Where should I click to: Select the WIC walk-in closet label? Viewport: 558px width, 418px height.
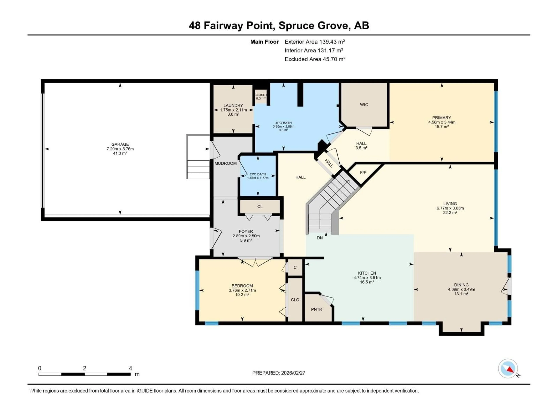pos(364,105)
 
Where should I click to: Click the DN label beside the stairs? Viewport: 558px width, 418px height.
pos(320,238)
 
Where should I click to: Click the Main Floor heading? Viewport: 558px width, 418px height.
pos(264,42)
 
